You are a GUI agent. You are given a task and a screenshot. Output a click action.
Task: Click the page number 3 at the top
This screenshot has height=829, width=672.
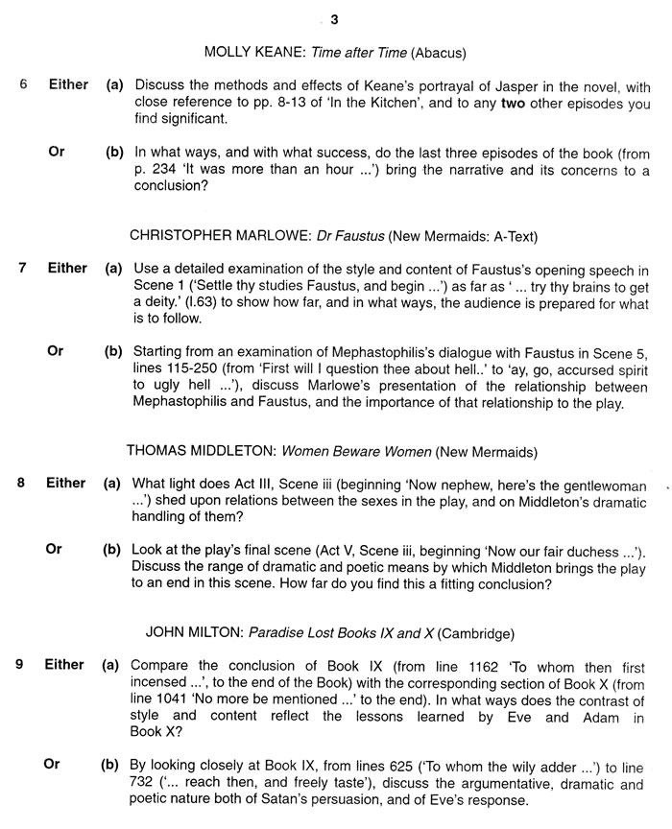point(334,19)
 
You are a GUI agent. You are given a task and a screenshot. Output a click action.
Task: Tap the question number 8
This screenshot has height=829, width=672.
point(21,483)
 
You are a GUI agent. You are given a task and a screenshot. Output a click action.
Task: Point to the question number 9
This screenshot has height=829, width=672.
point(19,664)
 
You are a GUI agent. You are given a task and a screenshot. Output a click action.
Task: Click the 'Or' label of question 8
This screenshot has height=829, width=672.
point(55,550)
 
